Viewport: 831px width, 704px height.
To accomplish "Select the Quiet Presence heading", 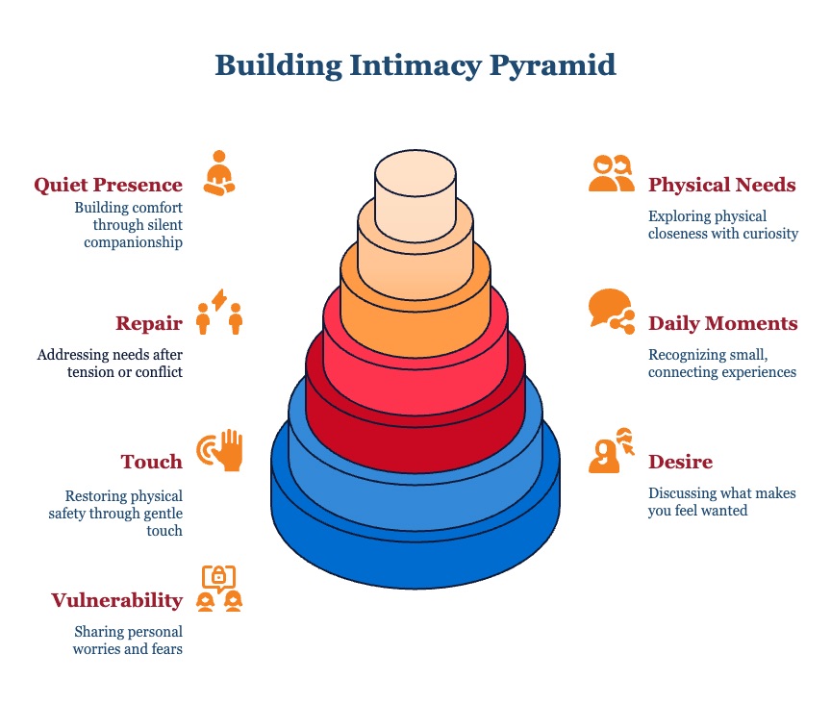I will (108, 185).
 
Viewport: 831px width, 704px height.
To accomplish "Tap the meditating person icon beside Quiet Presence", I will (219, 174).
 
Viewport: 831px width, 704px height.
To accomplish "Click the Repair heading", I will (149, 323).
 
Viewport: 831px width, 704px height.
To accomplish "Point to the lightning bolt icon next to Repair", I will (219, 300).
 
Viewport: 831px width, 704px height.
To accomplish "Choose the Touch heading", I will (152, 462).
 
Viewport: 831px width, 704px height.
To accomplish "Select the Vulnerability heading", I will (116, 600).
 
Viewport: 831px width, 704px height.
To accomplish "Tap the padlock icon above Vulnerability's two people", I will (219, 577).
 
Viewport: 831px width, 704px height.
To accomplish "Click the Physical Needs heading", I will (722, 185).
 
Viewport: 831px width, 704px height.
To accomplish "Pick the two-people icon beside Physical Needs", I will (612, 174).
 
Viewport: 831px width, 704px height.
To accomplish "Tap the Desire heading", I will (681, 462).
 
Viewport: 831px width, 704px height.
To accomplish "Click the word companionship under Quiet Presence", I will (133, 241).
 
